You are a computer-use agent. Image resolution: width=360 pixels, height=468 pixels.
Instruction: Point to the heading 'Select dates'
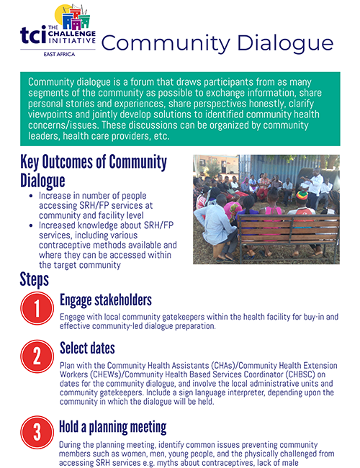pos(87,348)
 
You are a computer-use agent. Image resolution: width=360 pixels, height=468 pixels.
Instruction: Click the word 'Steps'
pos(35,279)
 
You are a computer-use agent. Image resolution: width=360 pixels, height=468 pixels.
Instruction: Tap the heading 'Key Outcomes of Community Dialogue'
pos(94,171)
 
